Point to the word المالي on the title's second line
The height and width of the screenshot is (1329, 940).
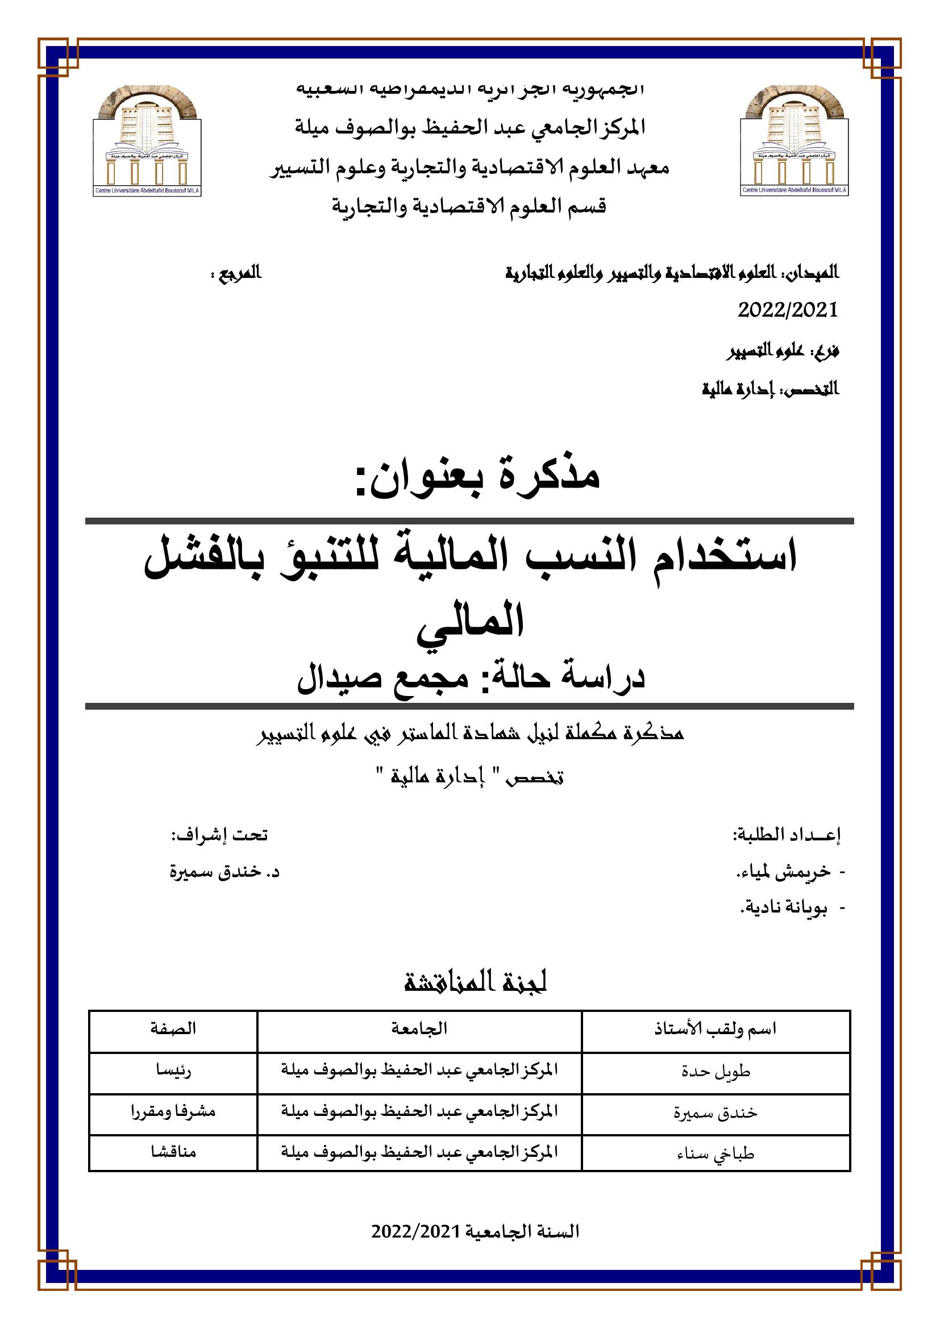(471, 619)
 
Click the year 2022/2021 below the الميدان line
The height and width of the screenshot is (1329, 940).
(788, 310)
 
